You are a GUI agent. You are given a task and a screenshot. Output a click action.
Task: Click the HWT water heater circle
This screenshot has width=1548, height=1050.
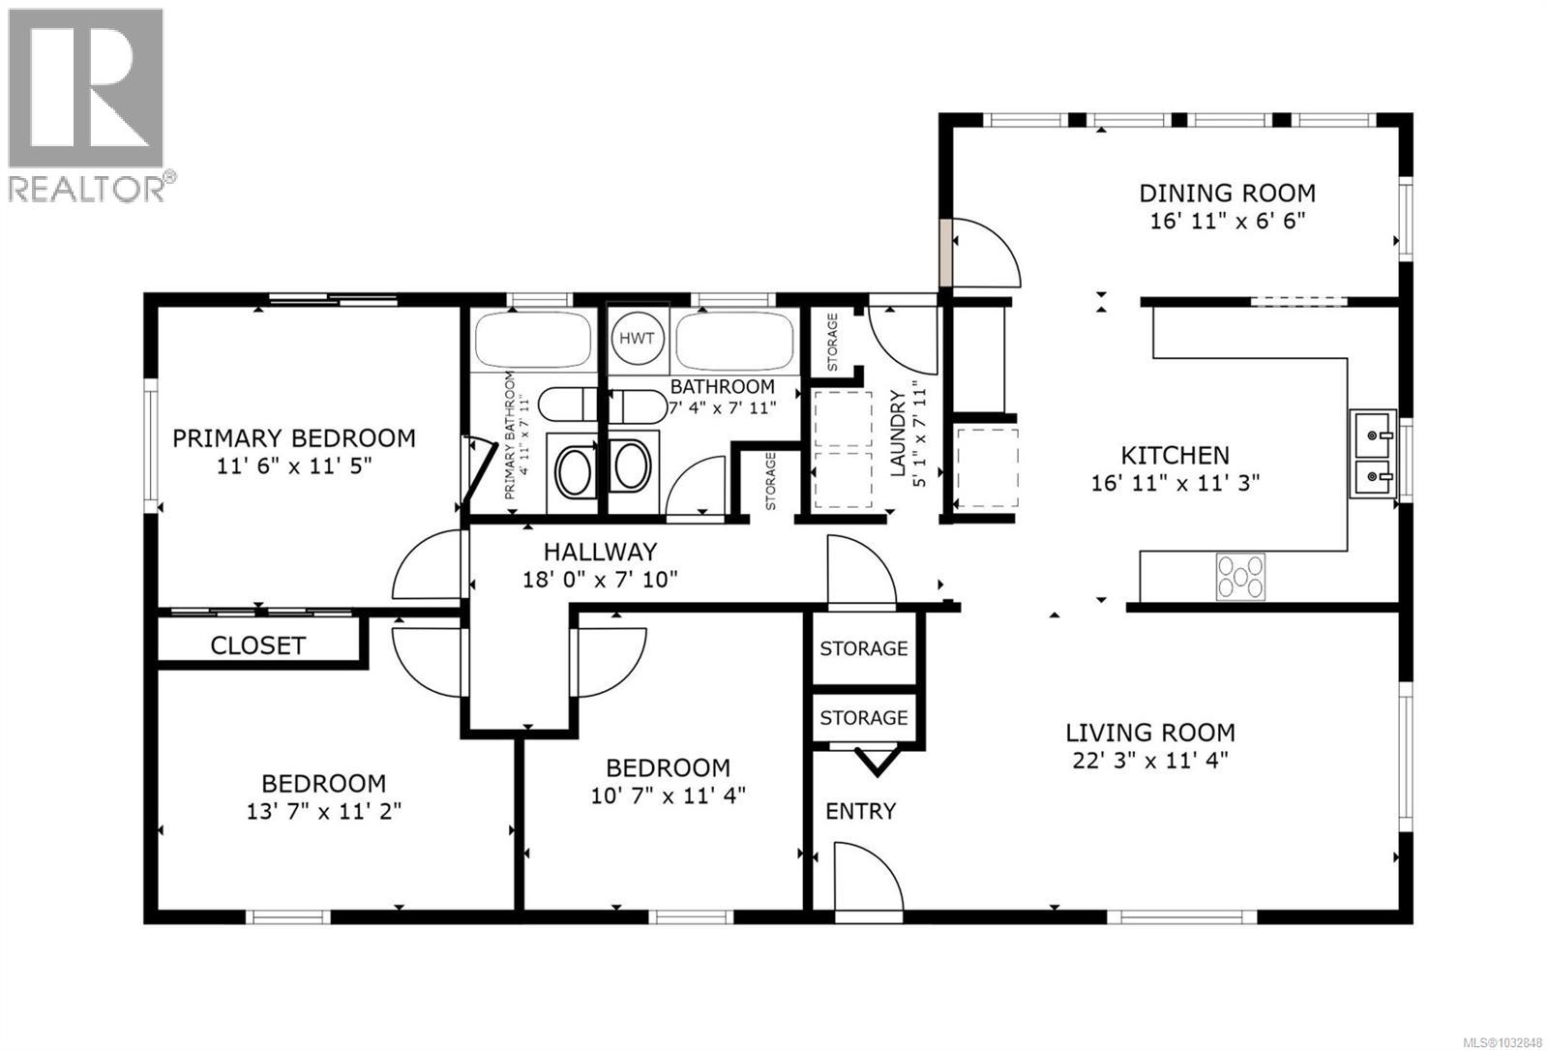pos(637,339)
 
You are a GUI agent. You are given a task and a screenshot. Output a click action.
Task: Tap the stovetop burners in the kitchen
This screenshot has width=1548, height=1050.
pos(1240,577)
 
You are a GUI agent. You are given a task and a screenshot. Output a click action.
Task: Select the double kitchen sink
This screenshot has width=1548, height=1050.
pos(1373,454)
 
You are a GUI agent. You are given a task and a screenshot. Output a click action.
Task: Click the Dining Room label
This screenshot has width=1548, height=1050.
pos(1227,193)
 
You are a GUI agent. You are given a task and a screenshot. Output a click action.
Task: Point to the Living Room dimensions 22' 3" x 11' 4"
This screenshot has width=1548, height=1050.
pos(1150,761)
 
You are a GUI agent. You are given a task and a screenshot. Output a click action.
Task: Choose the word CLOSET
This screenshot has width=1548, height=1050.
pos(257,645)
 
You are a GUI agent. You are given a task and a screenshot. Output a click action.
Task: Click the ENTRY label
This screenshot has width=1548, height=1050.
pos(860,811)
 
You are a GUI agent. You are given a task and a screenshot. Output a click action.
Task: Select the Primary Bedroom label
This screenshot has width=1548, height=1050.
pos(294,438)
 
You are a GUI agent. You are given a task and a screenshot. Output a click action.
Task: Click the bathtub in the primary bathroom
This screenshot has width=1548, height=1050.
pos(533,340)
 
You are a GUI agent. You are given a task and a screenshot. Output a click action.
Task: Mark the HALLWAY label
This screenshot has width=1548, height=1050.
pos(600,552)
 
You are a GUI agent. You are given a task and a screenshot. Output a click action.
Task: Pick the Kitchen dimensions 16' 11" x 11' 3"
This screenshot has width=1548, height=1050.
pos(1175,483)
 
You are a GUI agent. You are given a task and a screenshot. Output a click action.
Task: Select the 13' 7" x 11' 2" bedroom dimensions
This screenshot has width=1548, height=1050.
pos(323,811)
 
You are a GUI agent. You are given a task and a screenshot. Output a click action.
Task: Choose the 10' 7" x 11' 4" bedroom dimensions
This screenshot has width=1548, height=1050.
pos(668,795)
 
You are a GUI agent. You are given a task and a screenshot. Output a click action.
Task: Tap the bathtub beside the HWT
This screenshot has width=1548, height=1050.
pos(734,340)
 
